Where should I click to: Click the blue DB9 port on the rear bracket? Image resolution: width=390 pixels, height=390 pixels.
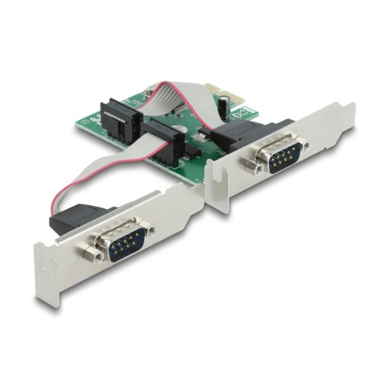click(x=281, y=156)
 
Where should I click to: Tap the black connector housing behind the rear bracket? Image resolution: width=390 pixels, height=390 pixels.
click(x=242, y=140)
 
